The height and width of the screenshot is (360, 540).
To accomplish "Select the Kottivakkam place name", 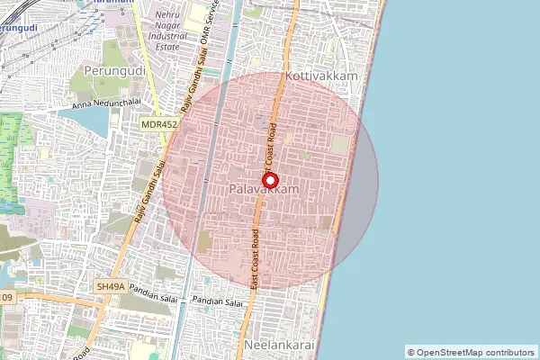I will coord(321,76).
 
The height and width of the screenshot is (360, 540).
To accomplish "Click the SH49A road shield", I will coord(111,286).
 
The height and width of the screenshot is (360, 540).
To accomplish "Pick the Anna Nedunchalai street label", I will coord(112,106).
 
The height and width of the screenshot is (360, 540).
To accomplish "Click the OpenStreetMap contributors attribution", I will coord(470,352).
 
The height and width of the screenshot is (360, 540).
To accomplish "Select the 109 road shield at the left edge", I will coord(6,297).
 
